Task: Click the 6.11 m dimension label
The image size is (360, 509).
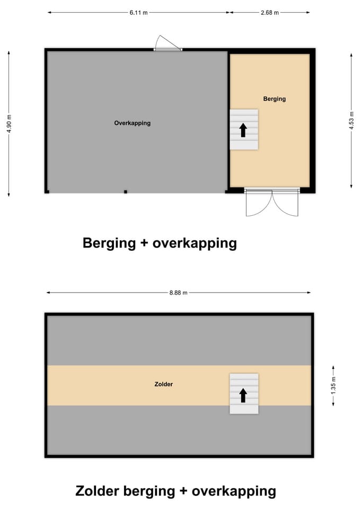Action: tap(138, 13)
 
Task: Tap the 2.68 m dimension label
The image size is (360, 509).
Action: tap(270, 13)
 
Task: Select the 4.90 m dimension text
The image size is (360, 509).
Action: tap(9, 124)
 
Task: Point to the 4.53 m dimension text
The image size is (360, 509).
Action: tap(351, 120)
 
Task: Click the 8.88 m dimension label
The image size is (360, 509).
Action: tap(179, 293)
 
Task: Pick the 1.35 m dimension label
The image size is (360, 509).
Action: tap(333, 385)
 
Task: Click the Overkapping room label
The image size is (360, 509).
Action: tap(133, 123)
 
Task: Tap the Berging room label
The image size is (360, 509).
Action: tap(275, 99)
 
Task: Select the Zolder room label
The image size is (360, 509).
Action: tap(164, 384)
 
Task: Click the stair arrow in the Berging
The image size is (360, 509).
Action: tap(243, 130)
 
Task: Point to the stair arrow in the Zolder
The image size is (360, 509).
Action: tap(243, 396)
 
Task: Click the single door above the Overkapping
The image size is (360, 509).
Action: tap(168, 43)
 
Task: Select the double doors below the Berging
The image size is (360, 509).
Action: tap(272, 202)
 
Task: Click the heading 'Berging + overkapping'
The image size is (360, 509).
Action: tap(160, 243)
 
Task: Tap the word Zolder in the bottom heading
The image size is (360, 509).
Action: tap(97, 490)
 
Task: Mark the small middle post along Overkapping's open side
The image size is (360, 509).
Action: tap(126, 192)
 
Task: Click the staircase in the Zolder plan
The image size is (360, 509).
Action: tap(244, 393)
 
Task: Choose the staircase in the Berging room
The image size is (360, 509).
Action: tap(244, 129)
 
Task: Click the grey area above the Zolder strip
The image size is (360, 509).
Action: tap(179, 341)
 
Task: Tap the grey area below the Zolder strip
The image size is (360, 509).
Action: tap(179, 430)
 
